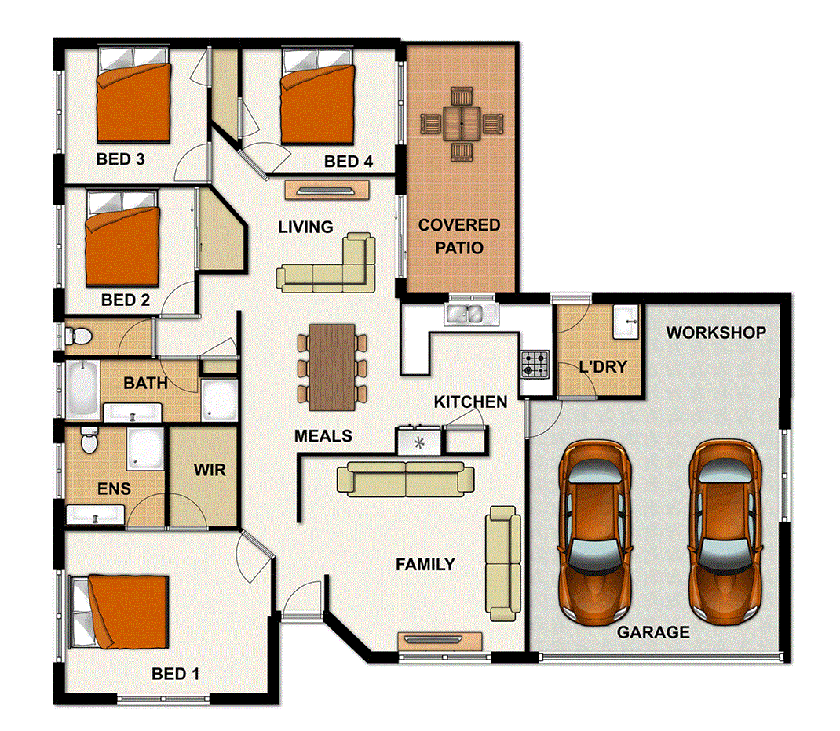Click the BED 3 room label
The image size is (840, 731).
(120, 159)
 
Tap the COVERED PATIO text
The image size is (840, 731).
(458, 235)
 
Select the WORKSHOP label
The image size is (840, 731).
(715, 333)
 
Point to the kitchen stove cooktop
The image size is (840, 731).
(536, 363)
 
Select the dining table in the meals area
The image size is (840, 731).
(332, 367)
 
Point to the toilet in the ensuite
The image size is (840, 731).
(89, 442)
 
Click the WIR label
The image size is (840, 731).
(209, 470)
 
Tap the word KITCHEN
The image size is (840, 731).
(470, 402)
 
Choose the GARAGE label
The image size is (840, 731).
(652, 631)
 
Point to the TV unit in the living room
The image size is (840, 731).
(327, 190)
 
